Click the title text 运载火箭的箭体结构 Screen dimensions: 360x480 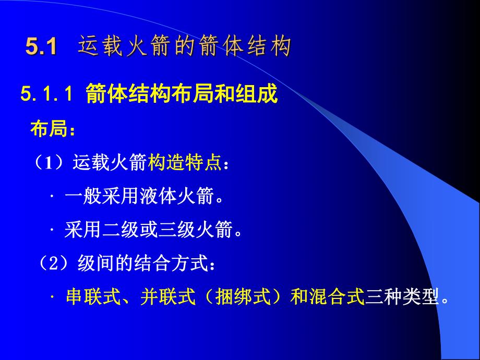pyautogui.click(x=185, y=47)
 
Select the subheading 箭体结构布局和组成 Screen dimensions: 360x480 pyautogui.click(x=181, y=95)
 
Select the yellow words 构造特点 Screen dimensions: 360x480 pyautogui.click(x=185, y=164)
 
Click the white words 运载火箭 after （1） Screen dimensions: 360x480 pyautogui.click(x=111, y=164)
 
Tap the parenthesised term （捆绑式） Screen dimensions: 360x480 pyautogui.click(x=243, y=298)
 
